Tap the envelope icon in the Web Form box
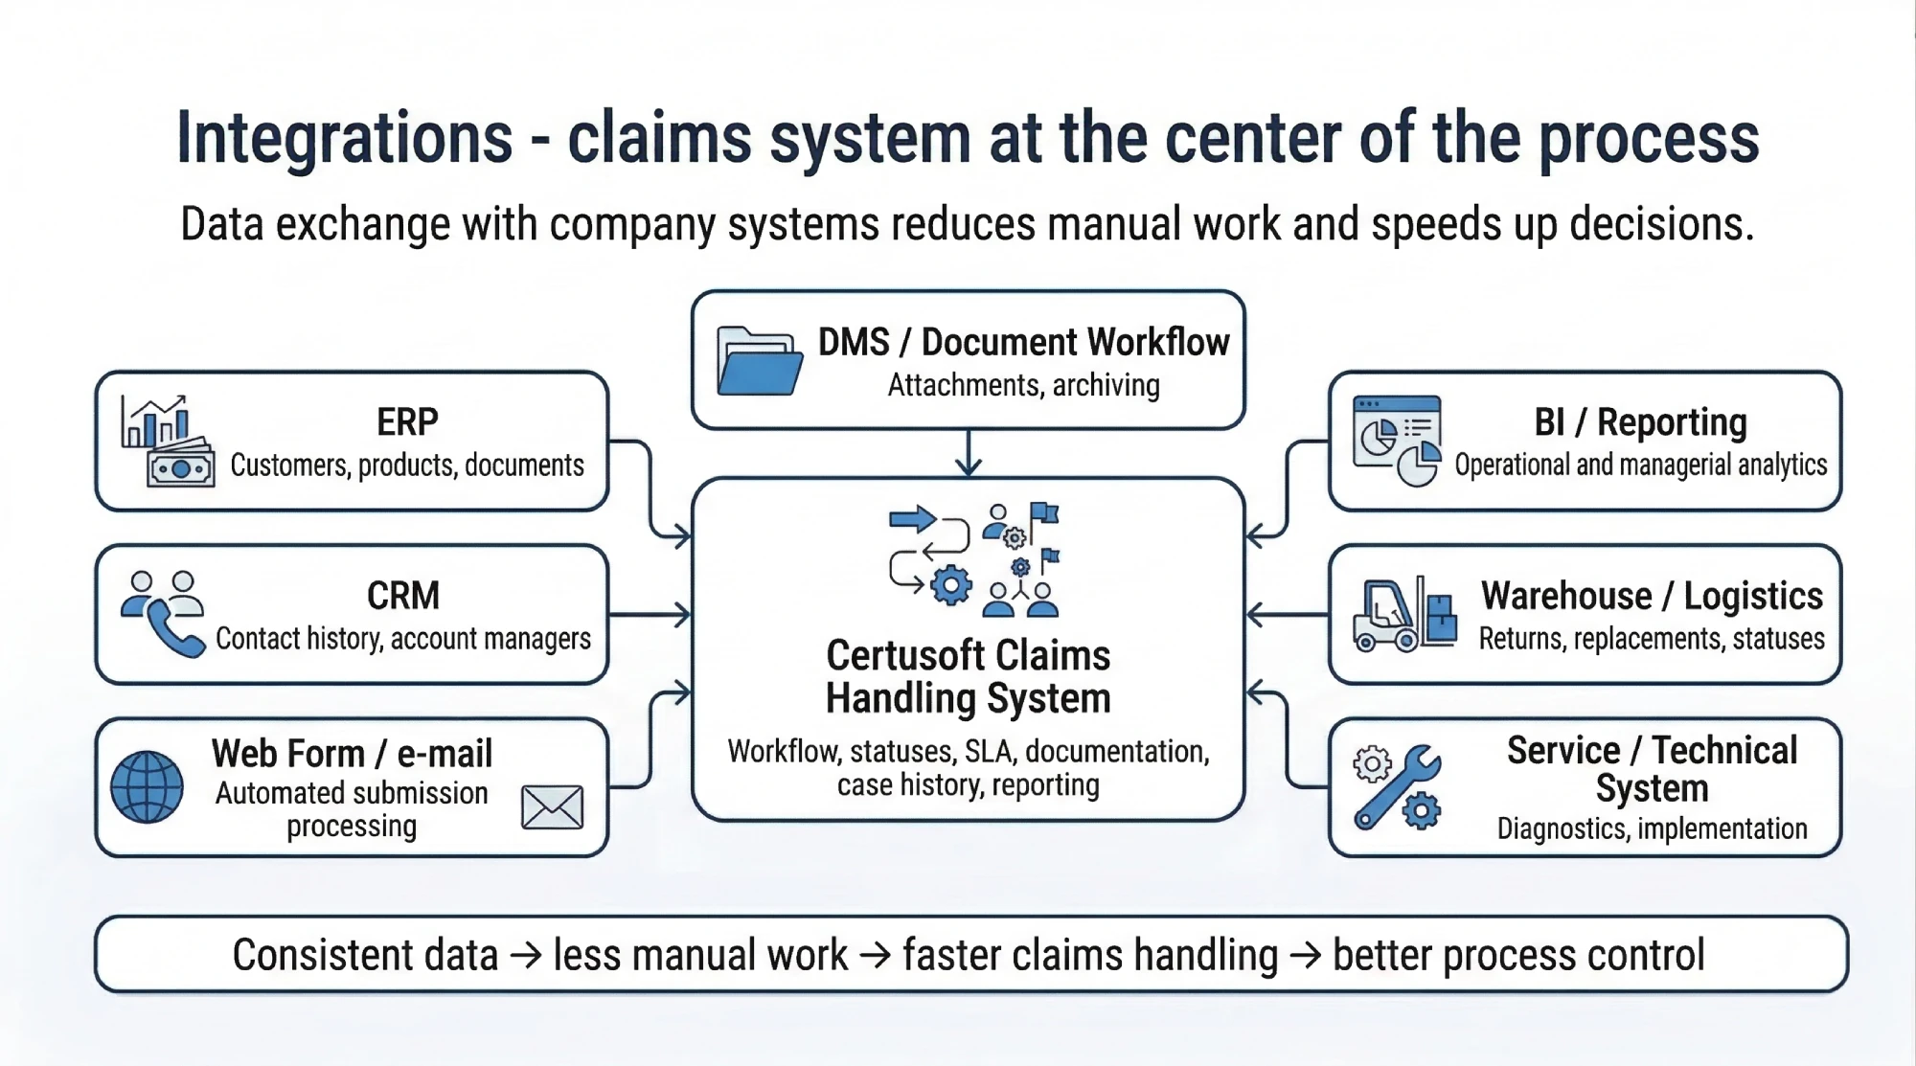click(552, 806)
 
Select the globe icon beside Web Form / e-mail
click(147, 787)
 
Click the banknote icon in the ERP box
click(180, 467)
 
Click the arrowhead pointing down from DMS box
click(969, 466)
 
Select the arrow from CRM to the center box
click(651, 615)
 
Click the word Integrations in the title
click(344, 139)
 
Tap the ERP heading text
click(407, 421)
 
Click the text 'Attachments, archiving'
click(1023, 385)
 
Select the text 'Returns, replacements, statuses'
click(1652, 639)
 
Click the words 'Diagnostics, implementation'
click(1652, 828)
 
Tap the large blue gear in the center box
click(950, 584)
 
